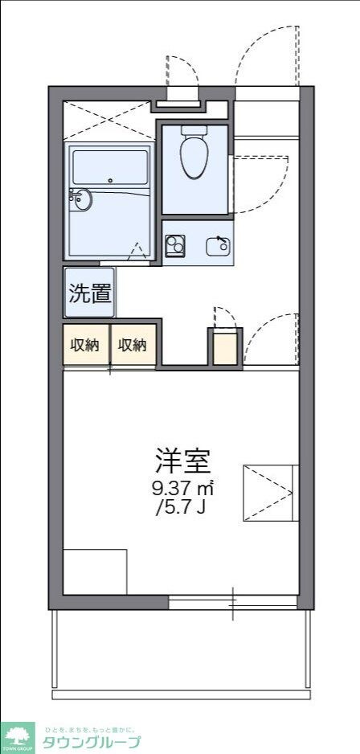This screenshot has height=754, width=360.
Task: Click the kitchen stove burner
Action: point(174,244)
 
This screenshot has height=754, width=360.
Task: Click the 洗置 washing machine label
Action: point(88,293)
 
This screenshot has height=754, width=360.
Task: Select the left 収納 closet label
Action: point(84,345)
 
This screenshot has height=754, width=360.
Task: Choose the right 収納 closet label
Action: point(133,345)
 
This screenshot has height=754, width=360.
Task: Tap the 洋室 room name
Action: point(182,460)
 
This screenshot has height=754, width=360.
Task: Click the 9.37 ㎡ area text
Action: point(182,488)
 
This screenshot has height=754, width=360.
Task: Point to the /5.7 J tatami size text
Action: point(182,508)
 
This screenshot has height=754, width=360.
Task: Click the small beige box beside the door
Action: point(226,347)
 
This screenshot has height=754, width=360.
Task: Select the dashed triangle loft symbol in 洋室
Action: point(269,492)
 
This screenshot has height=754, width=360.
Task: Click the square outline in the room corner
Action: point(95,572)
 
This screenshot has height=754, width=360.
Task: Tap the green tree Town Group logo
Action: point(17,736)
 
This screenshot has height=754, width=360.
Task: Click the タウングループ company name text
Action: point(92,743)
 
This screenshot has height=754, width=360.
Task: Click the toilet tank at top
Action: point(194,129)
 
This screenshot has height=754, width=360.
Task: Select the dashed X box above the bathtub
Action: point(107,121)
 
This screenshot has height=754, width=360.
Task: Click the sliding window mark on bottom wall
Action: point(233,601)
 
